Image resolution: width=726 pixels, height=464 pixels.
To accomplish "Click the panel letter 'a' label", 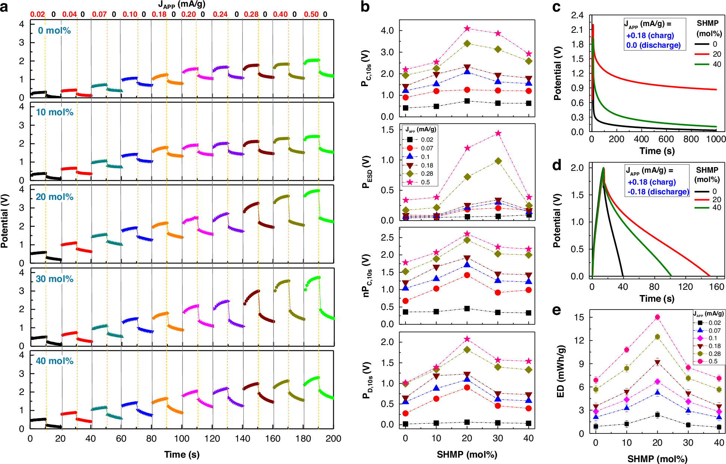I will pyautogui.click(x=4, y=7).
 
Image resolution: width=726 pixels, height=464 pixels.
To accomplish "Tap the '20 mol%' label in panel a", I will pyautogui.click(x=54, y=197).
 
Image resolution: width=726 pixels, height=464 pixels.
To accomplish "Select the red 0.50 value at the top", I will pyautogui.click(x=311, y=14).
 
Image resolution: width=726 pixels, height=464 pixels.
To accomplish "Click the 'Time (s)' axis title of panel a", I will pyautogui.click(x=182, y=454).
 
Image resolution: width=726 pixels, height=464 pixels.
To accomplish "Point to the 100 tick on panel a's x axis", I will pyautogui.click(x=182, y=439).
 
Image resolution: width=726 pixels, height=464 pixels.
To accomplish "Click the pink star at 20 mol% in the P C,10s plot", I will pyautogui.click(x=467, y=29).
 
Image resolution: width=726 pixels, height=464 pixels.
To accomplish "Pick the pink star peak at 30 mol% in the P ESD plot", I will pyautogui.click(x=498, y=133).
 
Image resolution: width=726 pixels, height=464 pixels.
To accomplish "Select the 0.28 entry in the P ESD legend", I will pyautogui.click(x=427, y=174).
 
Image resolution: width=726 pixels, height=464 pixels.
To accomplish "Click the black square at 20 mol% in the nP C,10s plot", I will pyautogui.click(x=467, y=308).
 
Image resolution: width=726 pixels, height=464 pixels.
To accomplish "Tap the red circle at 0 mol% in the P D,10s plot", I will pyautogui.click(x=406, y=413).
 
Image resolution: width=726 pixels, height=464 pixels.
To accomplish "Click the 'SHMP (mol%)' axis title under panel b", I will pyautogui.click(x=467, y=454).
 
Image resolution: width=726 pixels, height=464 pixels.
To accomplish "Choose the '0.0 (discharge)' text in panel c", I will pyautogui.click(x=653, y=45).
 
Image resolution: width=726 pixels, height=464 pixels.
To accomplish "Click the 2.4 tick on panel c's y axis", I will pyautogui.click(x=577, y=15).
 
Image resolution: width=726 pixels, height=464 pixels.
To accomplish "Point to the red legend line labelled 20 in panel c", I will pyautogui.click(x=701, y=54).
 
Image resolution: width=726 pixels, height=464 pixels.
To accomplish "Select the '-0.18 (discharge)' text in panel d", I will pyautogui.click(x=658, y=192).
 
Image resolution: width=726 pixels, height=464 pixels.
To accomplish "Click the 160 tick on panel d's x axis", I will pyautogui.click(x=716, y=287).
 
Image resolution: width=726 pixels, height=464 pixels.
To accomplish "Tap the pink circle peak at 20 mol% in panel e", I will pyautogui.click(x=657, y=317).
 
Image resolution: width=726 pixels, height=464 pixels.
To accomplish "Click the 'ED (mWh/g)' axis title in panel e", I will pyautogui.click(x=560, y=371).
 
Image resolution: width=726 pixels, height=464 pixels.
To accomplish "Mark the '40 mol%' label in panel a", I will pyautogui.click(x=54, y=361).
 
